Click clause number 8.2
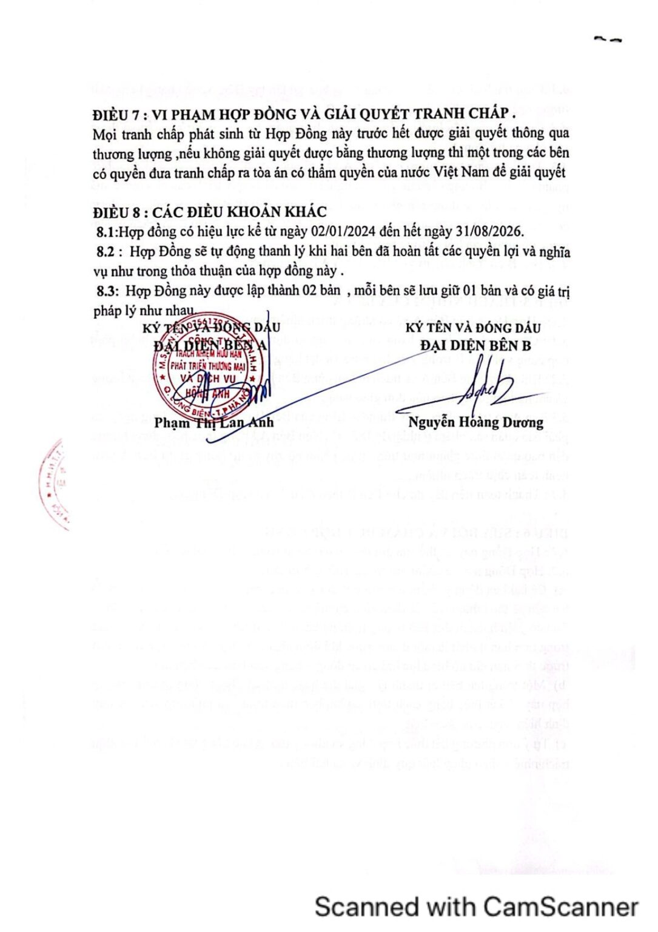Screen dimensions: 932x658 point(107,252)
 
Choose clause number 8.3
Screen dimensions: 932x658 point(107,291)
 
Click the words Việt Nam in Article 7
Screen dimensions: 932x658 point(464,172)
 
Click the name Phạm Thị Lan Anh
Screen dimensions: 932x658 point(213,422)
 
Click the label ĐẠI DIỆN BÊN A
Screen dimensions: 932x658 point(210,346)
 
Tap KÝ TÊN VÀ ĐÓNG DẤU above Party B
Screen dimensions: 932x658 point(473,328)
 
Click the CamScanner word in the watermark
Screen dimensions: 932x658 point(561,907)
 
